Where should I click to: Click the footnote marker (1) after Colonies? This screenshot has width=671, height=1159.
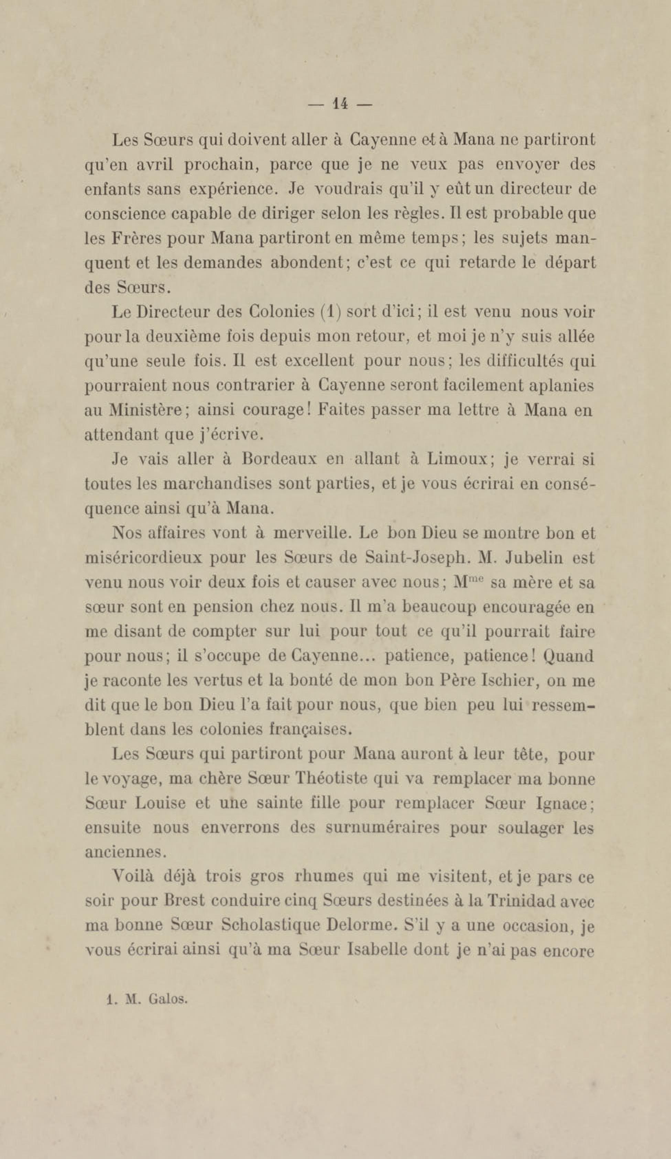click(x=330, y=312)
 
